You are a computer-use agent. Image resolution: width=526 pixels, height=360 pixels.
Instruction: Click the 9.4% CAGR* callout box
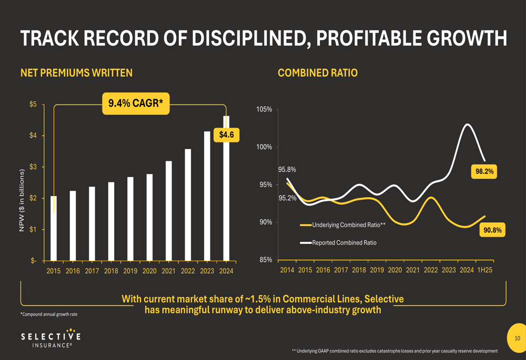[136, 103]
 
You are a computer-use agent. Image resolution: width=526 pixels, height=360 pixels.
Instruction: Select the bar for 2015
[54, 228]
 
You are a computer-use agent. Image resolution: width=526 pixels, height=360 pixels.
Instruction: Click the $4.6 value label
[226, 135]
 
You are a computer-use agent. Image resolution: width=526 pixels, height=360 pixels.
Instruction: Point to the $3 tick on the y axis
[33, 167]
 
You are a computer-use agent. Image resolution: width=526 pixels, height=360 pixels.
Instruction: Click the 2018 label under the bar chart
[111, 271]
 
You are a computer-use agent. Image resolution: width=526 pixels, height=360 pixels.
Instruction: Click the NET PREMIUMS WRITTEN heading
[76, 73]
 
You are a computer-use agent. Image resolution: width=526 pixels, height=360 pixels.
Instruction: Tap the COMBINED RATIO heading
[318, 73]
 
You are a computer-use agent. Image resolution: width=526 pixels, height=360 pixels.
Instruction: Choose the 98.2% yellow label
[484, 171]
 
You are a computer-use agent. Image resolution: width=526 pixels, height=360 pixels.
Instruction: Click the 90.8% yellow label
[492, 230]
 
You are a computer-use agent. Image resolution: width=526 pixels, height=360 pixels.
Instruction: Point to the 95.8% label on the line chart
[287, 170]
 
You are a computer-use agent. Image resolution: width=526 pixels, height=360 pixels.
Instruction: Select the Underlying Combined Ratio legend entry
[345, 225]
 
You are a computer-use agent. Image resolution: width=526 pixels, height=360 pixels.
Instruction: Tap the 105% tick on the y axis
[264, 109]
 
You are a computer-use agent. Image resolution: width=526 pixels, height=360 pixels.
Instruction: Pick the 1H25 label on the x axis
[484, 270]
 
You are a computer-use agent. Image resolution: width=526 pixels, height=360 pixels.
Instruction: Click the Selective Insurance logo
[51, 339]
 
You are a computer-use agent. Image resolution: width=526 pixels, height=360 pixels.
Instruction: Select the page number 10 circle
[517, 338]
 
